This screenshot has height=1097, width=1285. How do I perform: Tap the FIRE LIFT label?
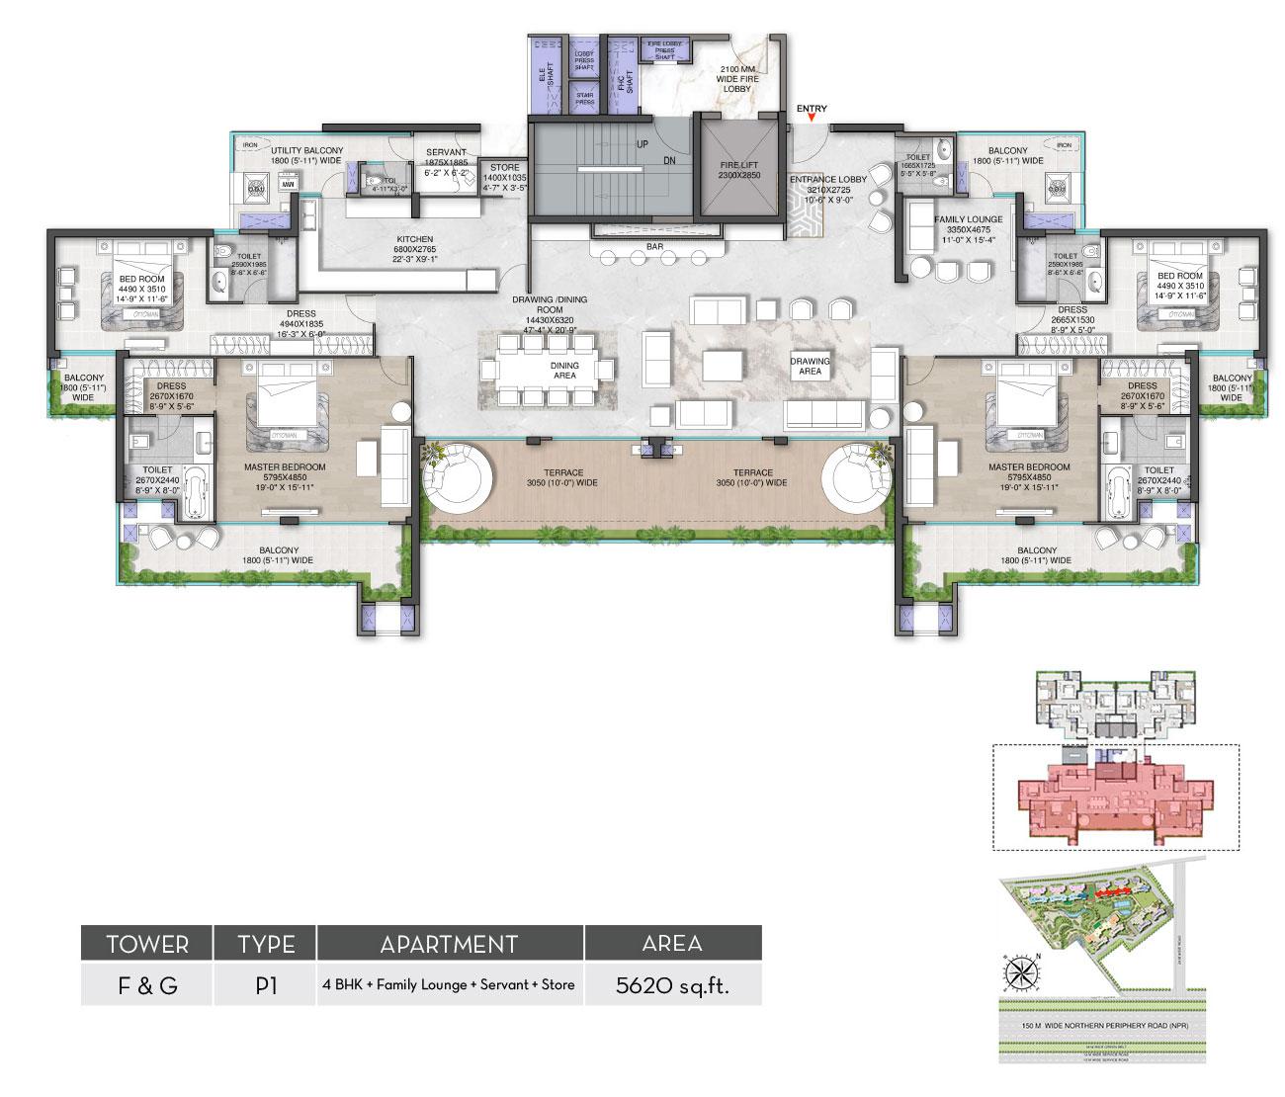click(740, 167)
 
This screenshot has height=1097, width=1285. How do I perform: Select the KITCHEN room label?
click(415, 240)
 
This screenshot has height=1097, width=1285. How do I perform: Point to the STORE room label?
click(504, 168)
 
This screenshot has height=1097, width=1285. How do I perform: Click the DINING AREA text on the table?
click(564, 371)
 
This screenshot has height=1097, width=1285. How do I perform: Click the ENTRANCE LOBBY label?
click(827, 180)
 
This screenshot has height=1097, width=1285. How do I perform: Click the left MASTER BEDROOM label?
click(285, 467)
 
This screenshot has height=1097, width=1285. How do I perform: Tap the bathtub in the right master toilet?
click(1119, 490)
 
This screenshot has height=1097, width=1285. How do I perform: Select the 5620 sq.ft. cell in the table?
click(672, 985)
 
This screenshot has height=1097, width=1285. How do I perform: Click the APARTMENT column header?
click(450, 944)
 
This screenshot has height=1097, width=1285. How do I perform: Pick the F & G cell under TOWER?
click(146, 985)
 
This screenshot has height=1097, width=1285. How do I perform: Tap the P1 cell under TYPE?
click(265, 985)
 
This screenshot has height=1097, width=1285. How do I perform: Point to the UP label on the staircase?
click(642, 144)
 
